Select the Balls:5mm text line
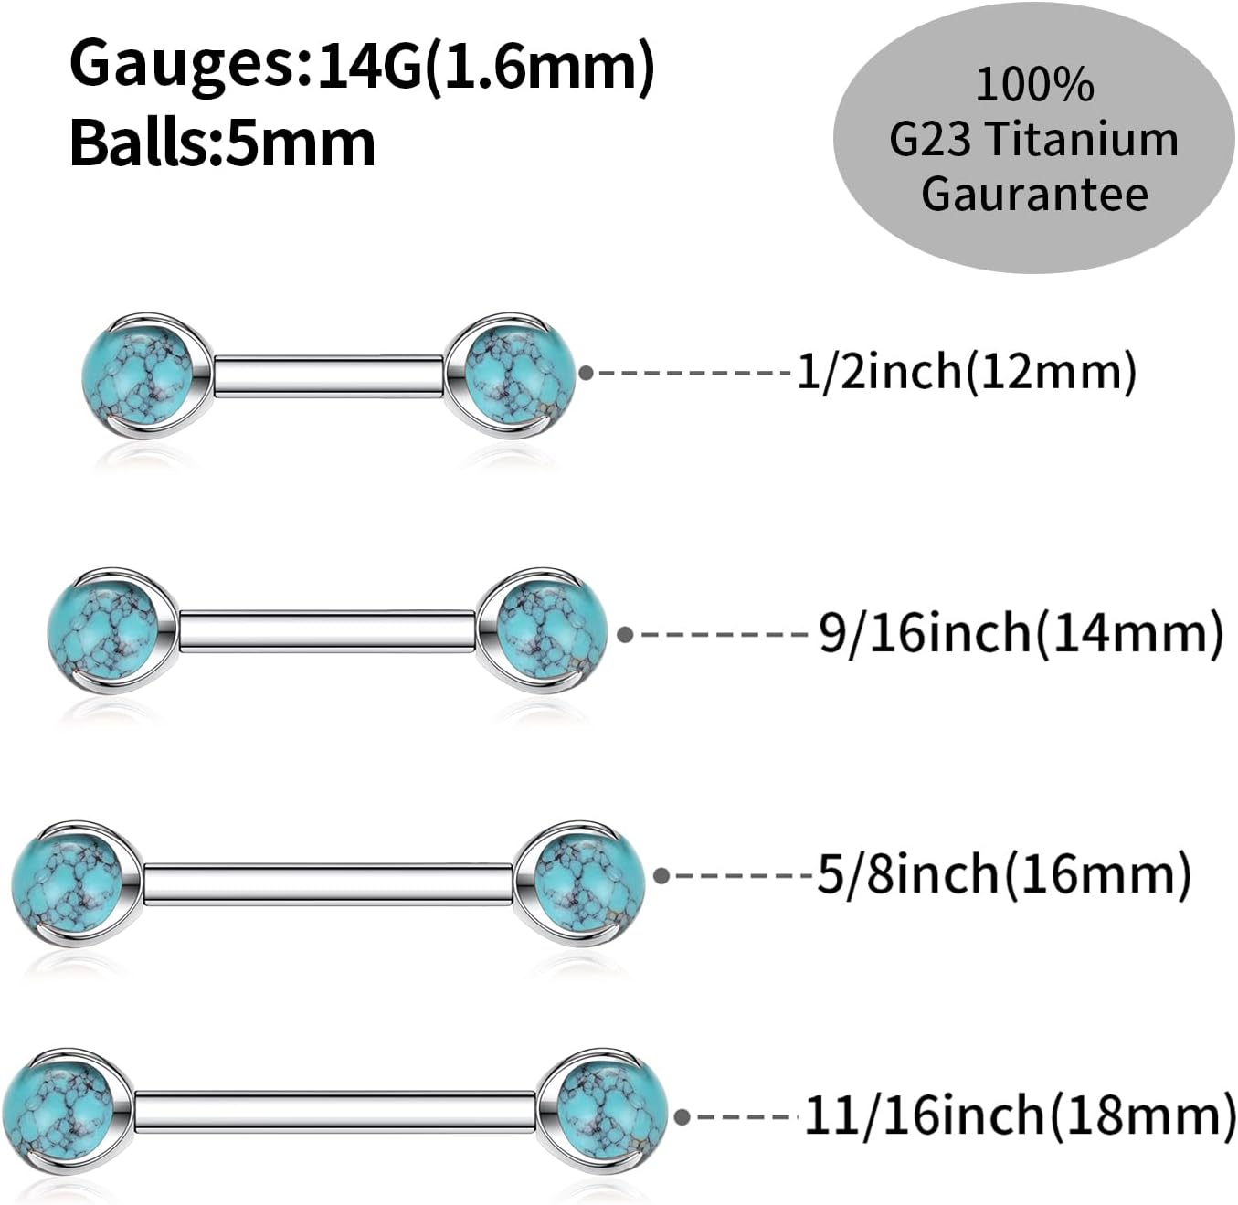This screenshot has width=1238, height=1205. click(x=222, y=143)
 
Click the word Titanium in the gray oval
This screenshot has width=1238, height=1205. click(x=1084, y=140)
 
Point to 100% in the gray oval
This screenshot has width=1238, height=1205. click(x=1034, y=85)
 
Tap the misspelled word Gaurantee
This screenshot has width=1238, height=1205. click(x=1034, y=194)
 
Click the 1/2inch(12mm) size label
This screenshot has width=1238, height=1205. click(x=967, y=372)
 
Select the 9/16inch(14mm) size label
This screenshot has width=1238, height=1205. click(x=1021, y=633)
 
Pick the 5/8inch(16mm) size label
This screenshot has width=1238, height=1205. click(x=1003, y=874)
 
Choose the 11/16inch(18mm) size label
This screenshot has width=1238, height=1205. click(x=1020, y=1115)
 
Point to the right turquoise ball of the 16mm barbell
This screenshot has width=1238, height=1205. click(x=588, y=883)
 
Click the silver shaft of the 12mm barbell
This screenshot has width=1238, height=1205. click(x=329, y=376)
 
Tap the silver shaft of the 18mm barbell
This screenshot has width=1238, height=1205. click(x=334, y=1112)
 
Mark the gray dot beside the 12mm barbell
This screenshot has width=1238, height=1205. click(x=587, y=372)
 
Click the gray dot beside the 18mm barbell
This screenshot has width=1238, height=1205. click(x=682, y=1116)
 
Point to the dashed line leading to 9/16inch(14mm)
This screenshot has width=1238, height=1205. click(x=722, y=633)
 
